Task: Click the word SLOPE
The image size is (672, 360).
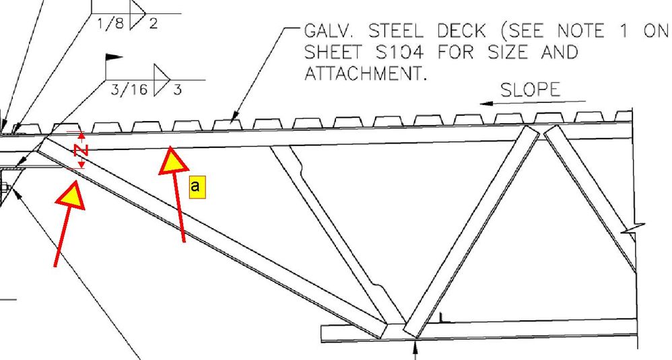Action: [x=531, y=90]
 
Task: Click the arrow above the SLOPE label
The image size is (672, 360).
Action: [x=532, y=104]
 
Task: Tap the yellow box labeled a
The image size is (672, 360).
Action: [x=196, y=186]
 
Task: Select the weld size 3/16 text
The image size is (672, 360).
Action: [x=127, y=89]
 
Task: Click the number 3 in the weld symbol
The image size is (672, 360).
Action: [x=177, y=89]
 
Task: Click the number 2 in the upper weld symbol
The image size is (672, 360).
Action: [x=153, y=24]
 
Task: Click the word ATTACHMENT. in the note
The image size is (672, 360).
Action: [x=366, y=73]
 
